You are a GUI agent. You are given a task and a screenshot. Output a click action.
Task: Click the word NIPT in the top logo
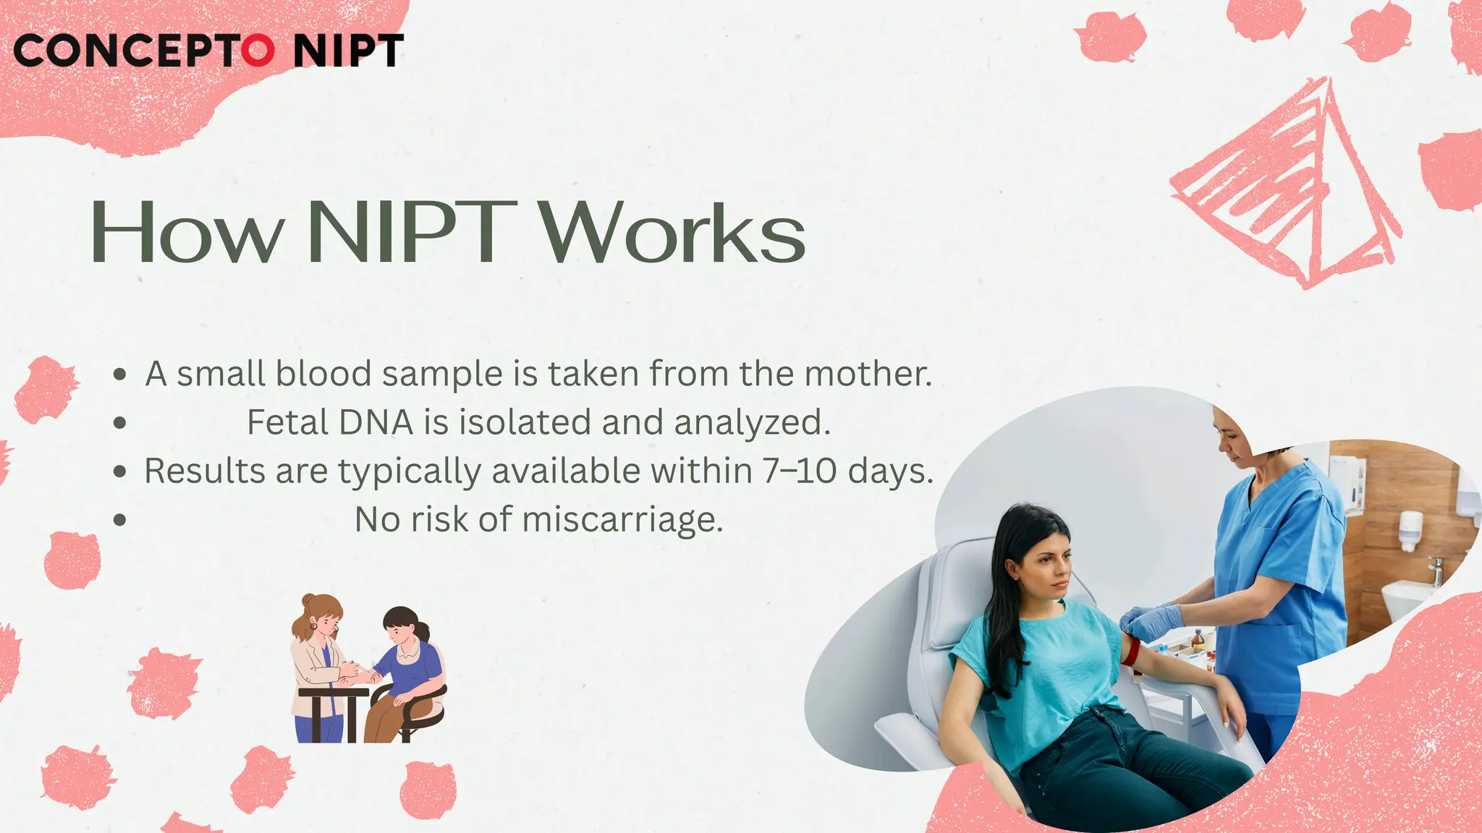[x=348, y=51]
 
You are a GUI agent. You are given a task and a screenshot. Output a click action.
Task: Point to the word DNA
[x=376, y=422]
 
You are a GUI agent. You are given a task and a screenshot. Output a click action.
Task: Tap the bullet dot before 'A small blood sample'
[x=120, y=375]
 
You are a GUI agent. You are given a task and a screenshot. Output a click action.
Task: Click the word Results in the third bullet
[x=205, y=471]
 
